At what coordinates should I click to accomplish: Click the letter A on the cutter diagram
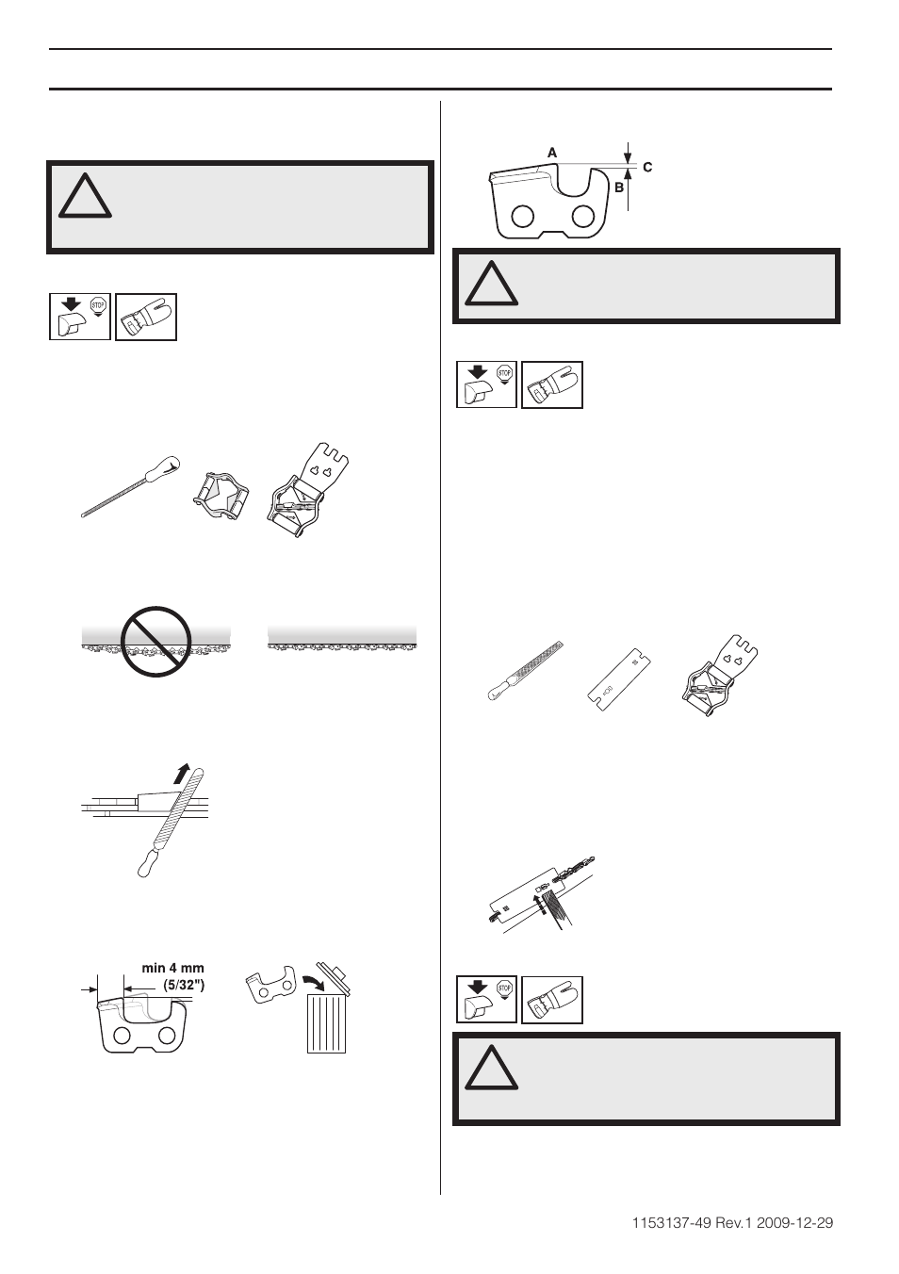point(552,152)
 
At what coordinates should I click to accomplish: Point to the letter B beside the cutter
point(619,188)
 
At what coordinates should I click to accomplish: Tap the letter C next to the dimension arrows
point(647,167)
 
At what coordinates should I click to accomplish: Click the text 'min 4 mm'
point(172,968)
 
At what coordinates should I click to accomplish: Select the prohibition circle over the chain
point(155,641)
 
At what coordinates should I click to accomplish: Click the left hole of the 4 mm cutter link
point(123,1036)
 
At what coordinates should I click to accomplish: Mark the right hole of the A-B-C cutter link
point(584,218)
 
